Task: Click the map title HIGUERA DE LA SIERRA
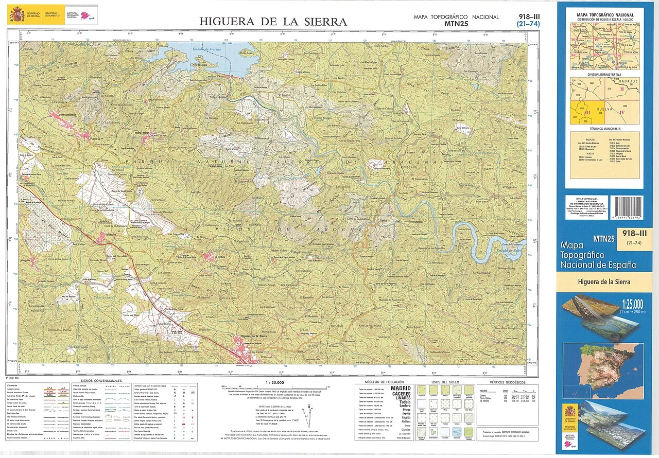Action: point(273,22)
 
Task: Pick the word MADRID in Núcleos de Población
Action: point(401,389)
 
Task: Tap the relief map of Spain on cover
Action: point(603,364)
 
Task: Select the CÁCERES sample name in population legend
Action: point(401,394)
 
